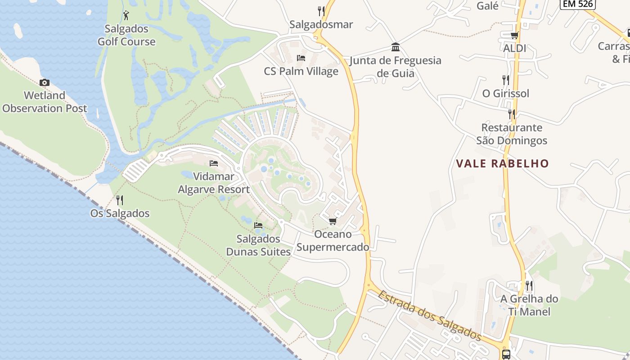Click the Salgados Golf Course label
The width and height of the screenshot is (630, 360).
tap(126, 35)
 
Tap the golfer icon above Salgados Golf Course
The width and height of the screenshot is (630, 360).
tap(126, 15)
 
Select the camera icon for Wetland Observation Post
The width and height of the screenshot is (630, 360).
tap(44, 82)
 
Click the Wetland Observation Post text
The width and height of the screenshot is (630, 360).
tap(45, 102)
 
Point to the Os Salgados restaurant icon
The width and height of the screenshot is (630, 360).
tap(120, 200)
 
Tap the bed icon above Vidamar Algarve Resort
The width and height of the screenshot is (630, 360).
tap(214, 163)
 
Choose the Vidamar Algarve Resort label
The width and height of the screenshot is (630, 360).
tap(214, 183)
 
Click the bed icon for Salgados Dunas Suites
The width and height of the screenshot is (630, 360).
tap(258, 225)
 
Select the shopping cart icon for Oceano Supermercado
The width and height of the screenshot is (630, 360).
tap(333, 221)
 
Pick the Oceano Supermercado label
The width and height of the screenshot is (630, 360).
tap(333, 241)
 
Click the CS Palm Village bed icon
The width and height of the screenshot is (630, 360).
tap(301, 58)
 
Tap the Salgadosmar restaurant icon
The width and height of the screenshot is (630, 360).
tap(321, 11)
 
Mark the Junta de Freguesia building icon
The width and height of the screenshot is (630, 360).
tap(396, 47)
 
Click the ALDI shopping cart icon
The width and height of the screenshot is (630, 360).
tap(514, 35)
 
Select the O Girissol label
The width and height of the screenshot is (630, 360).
tap(506, 94)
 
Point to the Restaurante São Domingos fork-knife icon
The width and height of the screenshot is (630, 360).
tap(512, 114)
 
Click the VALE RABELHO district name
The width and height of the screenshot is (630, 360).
tap(503, 163)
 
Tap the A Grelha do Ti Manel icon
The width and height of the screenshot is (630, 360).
tap(529, 286)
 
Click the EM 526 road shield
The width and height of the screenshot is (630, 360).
tap(578, 4)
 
